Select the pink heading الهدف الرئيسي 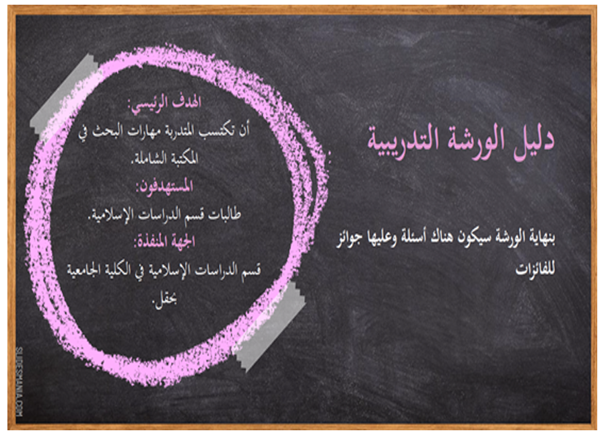click(164, 104)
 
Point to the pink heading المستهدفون click(164, 187)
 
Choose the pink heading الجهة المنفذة click(164, 242)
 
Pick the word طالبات click(224, 214)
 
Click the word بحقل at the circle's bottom click(165, 300)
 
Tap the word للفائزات click(535, 268)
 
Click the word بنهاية click(541, 237)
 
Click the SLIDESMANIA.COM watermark click(20, 382)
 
